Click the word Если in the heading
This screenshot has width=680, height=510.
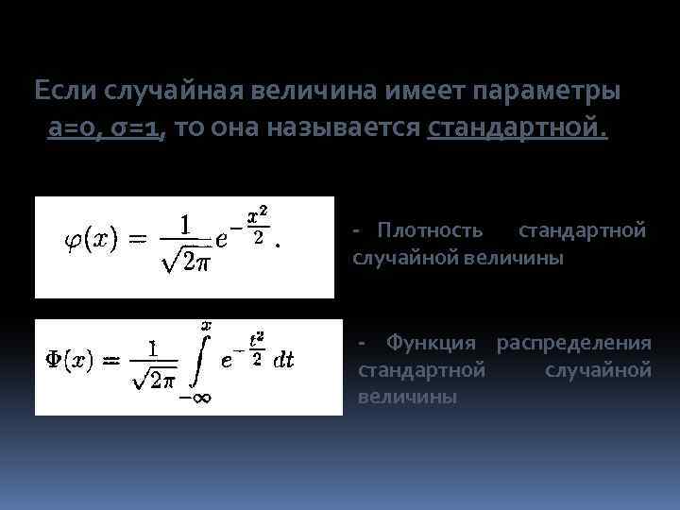[x=65, y=92]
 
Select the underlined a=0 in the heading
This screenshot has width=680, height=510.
[x=72, y=129]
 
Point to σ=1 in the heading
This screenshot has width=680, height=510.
[x=135, y=129]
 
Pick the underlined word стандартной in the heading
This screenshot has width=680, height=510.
[x=518, y=129]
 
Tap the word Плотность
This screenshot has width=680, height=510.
[x=430, y=230]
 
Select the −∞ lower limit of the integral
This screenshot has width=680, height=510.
[x=195, y=398]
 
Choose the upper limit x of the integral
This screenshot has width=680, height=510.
[x=206, y=325]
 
